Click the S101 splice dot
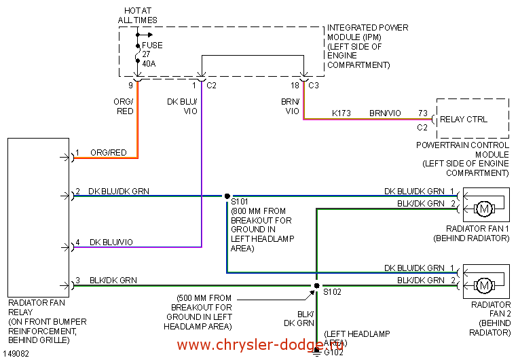click(x=227, y=196)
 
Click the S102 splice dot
click(x=316, y=286)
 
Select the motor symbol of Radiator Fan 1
click(x=484, y=206)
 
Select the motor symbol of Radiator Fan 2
click(x=484, y=283)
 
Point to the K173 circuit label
click(x=341, y=113)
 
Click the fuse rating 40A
click(x=149, y=64)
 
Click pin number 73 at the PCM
click(x=423, y=113)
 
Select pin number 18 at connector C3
click(x=295, y=86)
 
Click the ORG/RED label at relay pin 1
click(x=108, y=153)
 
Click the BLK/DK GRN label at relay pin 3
click(x=113, y=280)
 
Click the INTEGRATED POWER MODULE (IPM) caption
click(x=367, y=46)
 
